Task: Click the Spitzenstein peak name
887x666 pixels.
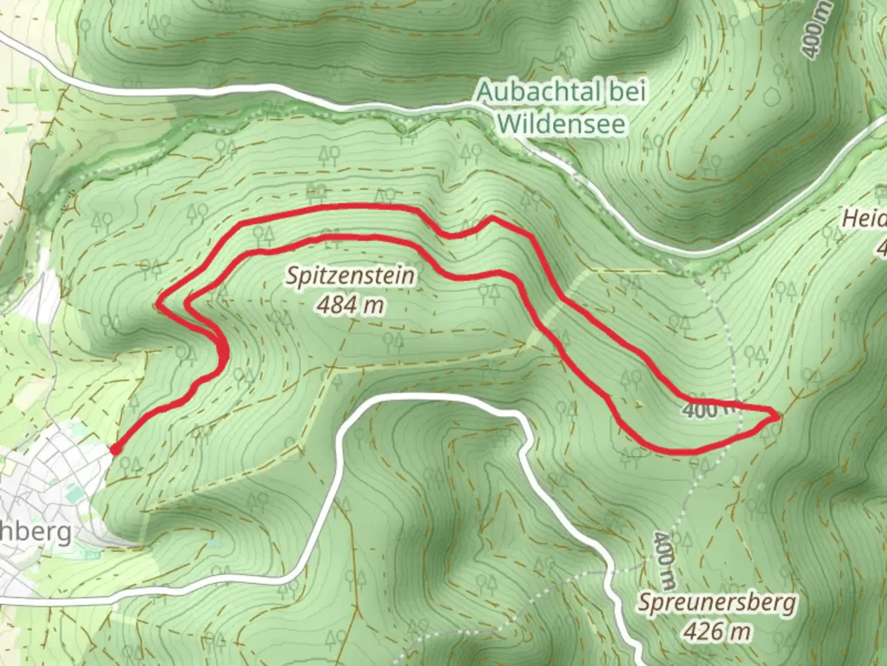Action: (x=350, y=276)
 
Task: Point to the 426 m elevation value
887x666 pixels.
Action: (x=717, y=631)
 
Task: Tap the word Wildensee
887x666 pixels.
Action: (x=562, y=124)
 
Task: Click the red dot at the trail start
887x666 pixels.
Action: (x=115, y=450)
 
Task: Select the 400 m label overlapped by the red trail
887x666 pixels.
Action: (x=708, y=409)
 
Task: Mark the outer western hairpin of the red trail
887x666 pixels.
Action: (x=160, y=303)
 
